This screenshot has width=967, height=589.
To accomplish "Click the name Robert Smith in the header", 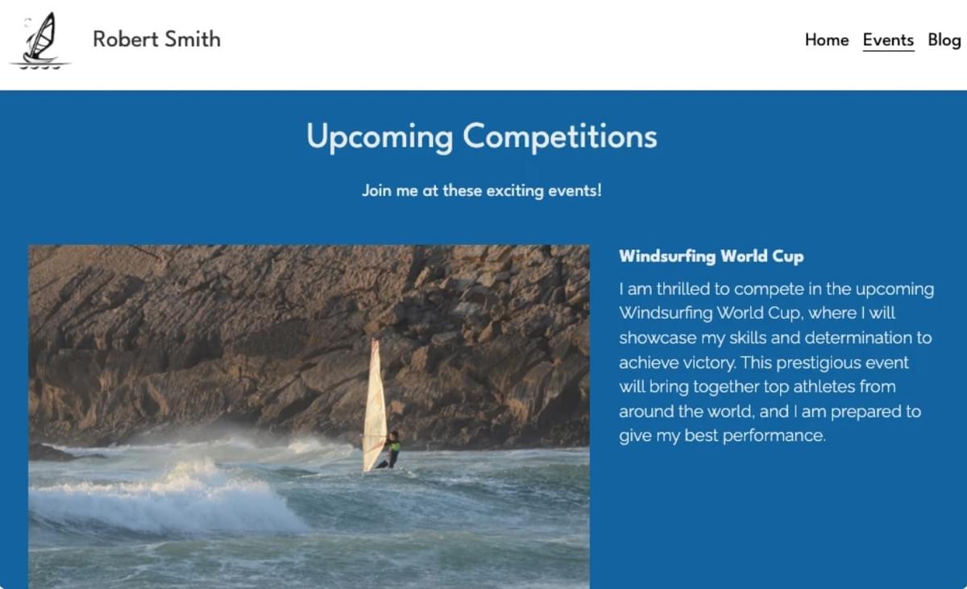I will (x=156, y=39).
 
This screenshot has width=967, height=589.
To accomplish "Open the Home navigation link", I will (x=827, y=39).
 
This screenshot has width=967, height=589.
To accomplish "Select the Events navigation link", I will (x=888, y=39).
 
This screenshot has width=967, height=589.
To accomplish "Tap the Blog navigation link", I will (x=944, y=39).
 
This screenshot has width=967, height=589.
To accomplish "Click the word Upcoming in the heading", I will (x=379, y=136).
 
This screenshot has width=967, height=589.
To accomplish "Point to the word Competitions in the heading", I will (x=560, y=136).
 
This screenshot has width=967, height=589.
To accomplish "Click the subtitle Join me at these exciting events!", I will (x=482, y=191).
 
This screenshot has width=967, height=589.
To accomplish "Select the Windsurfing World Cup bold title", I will (x=711, y=256).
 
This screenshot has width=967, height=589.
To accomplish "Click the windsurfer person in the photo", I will (x=392, y=450).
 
